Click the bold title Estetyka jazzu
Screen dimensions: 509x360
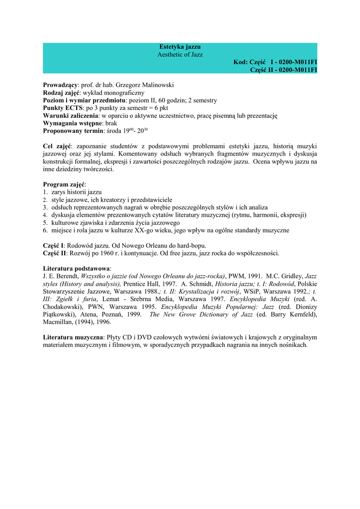(180, 47)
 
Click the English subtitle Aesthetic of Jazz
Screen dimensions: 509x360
(180, 54)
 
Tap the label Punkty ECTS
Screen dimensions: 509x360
(62, 108)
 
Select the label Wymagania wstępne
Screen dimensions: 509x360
(73, 123)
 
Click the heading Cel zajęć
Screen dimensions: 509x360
(57, 146)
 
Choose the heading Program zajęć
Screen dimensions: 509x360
(64, 184)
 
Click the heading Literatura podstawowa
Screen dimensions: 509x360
(77, 268)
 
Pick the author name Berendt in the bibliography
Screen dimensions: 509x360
(66, 276)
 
